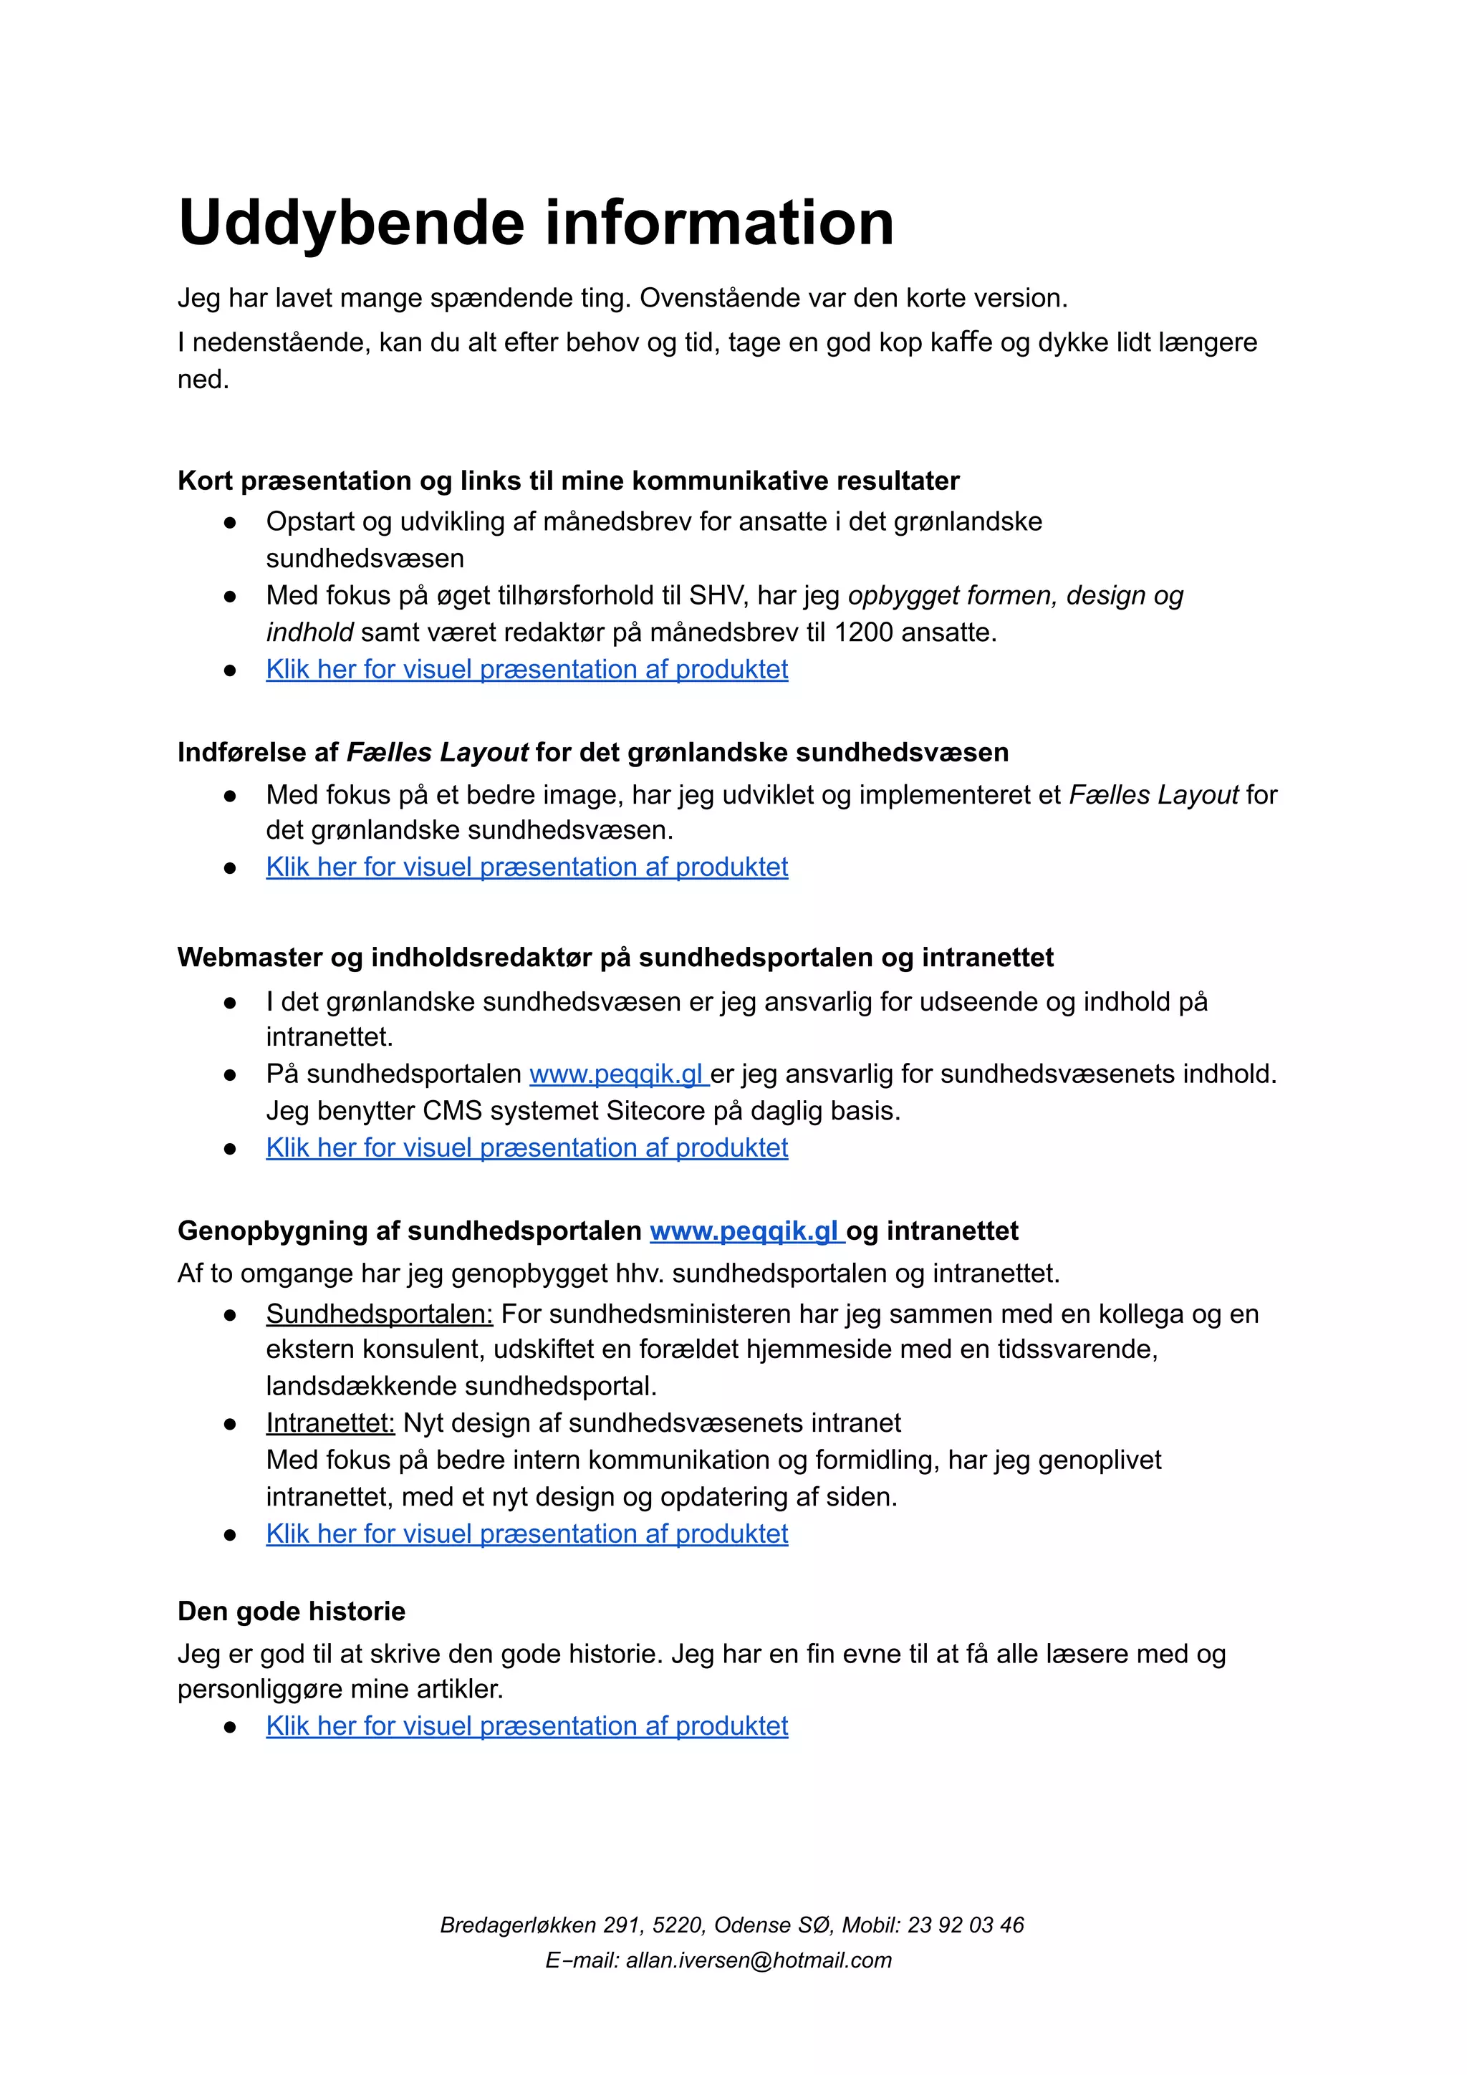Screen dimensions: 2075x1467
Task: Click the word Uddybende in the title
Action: [351, 223]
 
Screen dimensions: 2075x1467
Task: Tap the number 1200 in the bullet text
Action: [864, 632]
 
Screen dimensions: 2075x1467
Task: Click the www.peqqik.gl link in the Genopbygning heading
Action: [746, 1231]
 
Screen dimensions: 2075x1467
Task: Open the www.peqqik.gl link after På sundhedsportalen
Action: [617, 1074]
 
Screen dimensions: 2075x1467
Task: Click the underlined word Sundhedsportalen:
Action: [379, 1314]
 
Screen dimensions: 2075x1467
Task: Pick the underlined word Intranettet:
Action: [330, 1423]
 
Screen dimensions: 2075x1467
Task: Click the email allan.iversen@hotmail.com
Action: [759, 1960]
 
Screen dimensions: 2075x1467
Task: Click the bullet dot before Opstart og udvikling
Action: [231, 522]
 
